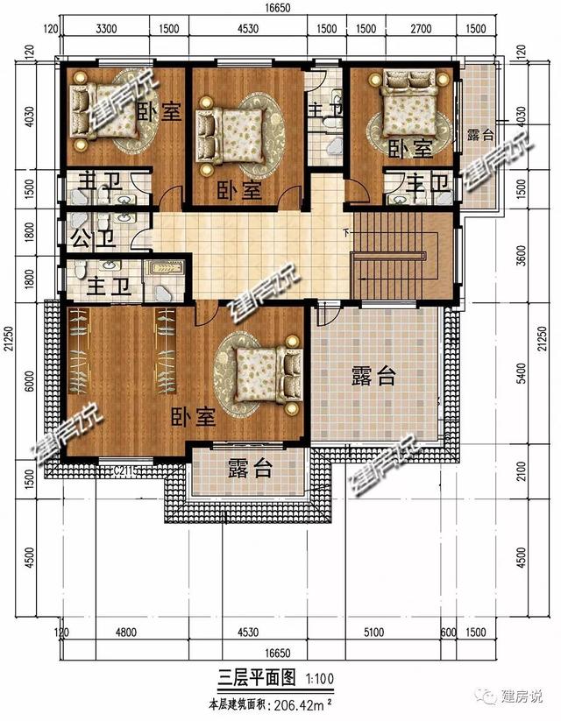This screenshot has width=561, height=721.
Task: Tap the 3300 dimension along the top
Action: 105,29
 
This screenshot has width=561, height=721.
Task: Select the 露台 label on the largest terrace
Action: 373,377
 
